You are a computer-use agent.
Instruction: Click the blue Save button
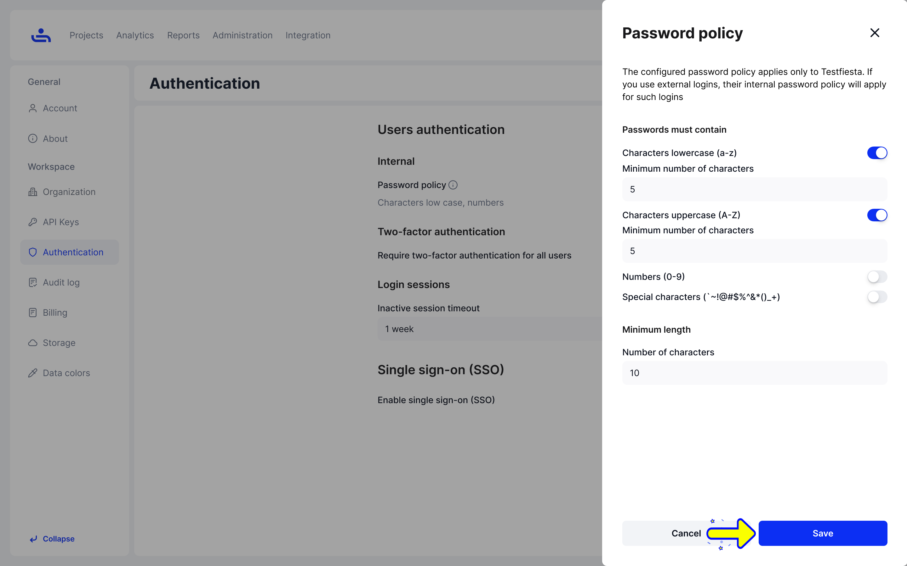(822, 533)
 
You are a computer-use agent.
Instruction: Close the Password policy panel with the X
(874, 33)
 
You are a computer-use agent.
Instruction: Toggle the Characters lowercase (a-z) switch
(877, 153)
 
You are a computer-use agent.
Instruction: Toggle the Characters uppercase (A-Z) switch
(877, 215)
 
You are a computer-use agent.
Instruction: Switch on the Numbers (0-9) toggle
(877, 277)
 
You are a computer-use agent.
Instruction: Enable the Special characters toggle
(877, 297)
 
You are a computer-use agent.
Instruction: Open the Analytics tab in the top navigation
(135, 35)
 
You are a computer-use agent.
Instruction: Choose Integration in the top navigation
(308, 35)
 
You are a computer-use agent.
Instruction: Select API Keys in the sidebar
(61, 222)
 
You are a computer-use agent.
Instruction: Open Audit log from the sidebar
(61, 282)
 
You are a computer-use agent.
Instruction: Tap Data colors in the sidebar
(66, 373)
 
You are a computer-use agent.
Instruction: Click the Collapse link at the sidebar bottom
(58, 539)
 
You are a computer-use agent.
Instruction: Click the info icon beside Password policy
(453, 185)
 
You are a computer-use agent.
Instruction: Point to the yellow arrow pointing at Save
(731, 533)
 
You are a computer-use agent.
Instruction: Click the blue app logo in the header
(41, 35)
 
